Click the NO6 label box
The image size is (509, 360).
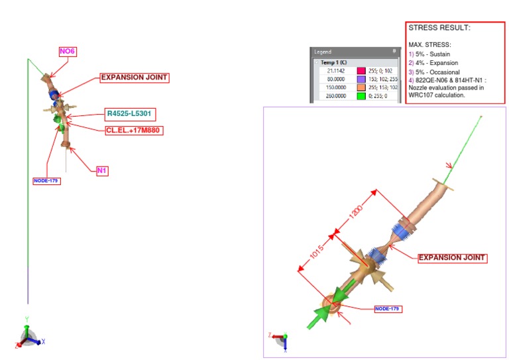pos(67,51)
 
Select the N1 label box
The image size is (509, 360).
pos(102,170)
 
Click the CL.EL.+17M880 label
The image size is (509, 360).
pos(134,131)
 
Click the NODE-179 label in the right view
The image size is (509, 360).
pos(388,309)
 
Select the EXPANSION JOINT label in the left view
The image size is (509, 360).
pos(134,78)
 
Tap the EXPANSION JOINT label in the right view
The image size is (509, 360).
pos(453,257)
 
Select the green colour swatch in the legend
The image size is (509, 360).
pos(362,95)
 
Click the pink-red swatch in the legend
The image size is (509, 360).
pos(362,70)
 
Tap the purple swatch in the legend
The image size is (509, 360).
pos(362,78)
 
